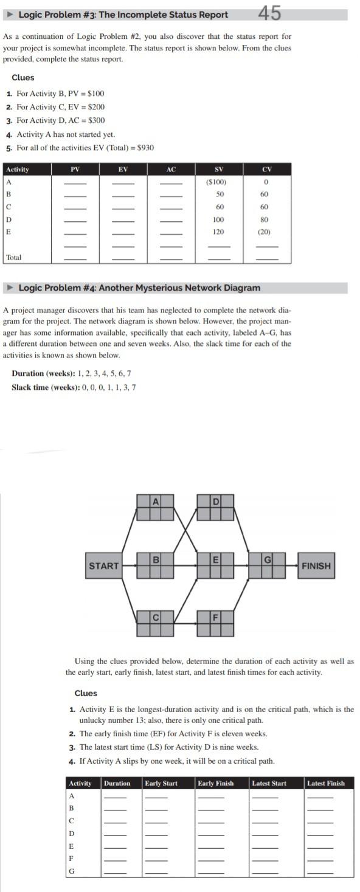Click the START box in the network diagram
point(104,566)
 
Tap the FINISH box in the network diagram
point(316,566)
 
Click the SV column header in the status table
point(218,170)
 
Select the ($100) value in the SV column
point(218,182)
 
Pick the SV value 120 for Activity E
point(218,232)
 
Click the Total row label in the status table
point(13,258)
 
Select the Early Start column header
point(162,783)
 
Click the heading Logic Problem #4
point(139,288)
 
